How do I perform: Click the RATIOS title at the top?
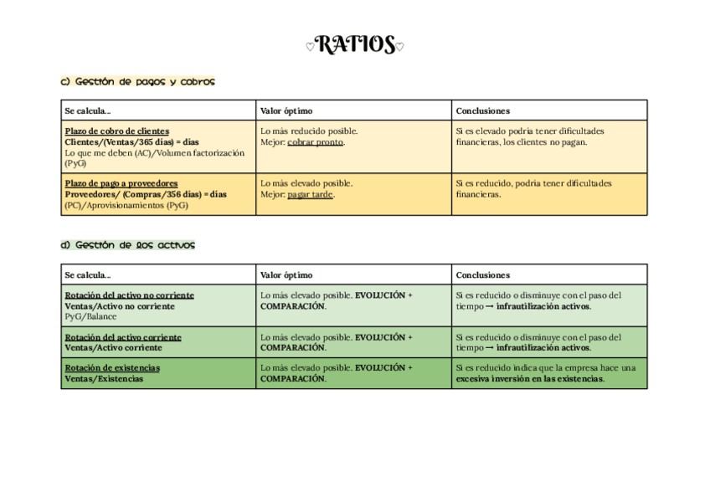[x=354, y=44]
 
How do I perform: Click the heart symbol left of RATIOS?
[x=310, y=47]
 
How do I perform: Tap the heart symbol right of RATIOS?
[x=399, y=47]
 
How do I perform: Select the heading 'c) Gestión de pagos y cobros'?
[x=137, y=82]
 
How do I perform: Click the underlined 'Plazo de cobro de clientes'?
[x=116, y=131]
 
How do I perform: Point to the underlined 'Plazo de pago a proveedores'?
[x=121, y=183]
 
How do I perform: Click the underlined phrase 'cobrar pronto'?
[x=316, y=142]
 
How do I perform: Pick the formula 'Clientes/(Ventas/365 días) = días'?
[x=131, y=142]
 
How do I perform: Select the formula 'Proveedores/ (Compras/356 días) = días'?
[x=146, y=194]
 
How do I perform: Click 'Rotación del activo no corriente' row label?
[x=129, y=295]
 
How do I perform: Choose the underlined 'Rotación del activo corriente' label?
[x=123, y=337]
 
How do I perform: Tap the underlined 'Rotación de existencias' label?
[x=112, y=368]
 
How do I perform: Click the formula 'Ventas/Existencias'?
[x=104, y=379]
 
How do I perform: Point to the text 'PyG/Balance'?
[x=90, y=317]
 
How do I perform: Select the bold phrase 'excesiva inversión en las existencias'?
[x=529, y=379]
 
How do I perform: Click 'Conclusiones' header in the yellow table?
[x=482, y=110]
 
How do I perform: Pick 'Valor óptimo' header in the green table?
[x=286, y=274]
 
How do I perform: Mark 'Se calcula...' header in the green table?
[x=87, y=274]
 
